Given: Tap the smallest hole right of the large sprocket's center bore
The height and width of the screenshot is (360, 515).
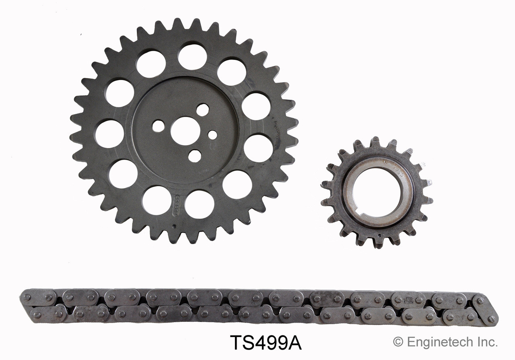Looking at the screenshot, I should [x=212, y=135].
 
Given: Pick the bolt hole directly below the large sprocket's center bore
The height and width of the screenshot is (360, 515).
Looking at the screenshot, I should [x=195, y=156].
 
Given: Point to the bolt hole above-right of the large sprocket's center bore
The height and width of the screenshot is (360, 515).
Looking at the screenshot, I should [x=202, y=110].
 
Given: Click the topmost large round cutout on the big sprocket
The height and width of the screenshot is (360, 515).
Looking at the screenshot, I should [x=192, y=57].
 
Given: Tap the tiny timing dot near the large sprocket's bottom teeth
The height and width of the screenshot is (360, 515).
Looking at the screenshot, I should [x=174, y=226].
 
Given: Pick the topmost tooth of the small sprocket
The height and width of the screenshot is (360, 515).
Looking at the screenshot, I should [x=375, y=141].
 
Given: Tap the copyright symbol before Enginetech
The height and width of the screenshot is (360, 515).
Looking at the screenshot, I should [x=398, y=342].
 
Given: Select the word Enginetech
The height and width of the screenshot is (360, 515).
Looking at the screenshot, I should [x=439, y=342].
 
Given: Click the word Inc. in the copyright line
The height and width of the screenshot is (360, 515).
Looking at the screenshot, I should [x=487, y=342].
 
